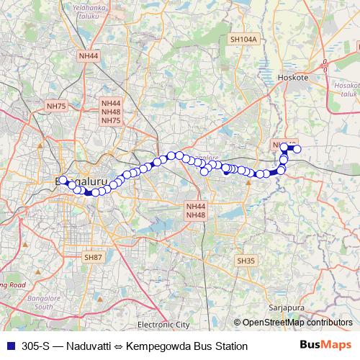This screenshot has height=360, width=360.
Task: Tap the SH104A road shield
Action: coord(243,40)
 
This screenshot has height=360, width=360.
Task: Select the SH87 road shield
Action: coord(93,257)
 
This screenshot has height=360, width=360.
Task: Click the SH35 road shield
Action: coord(246,260)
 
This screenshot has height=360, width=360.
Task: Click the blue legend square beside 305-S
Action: coord(9,346)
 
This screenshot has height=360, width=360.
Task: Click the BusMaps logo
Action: coord(327,346)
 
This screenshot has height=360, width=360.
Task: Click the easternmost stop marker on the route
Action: coord(296,149)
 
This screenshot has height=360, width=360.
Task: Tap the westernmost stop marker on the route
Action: coord(63,181)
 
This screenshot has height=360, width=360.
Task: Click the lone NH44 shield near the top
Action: coord(89,55)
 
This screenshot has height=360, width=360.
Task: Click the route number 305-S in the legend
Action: coord(35,346)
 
